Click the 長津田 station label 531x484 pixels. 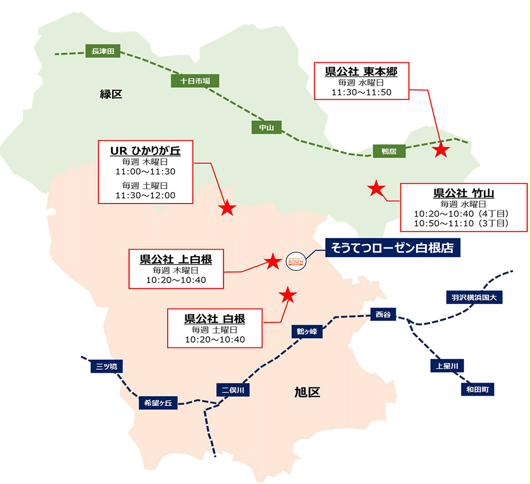pyautogui.click(x=102, y=51)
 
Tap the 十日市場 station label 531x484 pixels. pyautogui.click(x=195, y=81)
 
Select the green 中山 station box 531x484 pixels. pyautogui.click(x=266, y=128)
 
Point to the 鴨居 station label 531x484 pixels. pyautogui.click(x=389, y=151)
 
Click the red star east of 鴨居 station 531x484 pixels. pyautogui.click(x=441, y=150)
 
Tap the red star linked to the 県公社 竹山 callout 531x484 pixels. pyautogui.click(x=376, y=188)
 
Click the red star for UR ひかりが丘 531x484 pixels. pyautogui.click(x=227, y=208)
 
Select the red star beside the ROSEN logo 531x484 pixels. pyautogui.click(x=272, y=261)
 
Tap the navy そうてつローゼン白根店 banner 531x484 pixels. pyautogui.click(x=392, y=248)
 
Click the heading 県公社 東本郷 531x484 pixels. pyautogui.click(x=361, y=72)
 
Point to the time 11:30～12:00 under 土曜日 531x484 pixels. pyautogui.click(x=145, y=195)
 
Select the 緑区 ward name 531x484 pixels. pyautogui.click(x=111, y=94)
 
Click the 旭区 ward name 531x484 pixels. pyautogui.click(x=307, y=392)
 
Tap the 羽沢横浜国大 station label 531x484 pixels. pyautogui.click(x=474, y=298)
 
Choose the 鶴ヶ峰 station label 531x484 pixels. pyautogui.click(x=307, y=332)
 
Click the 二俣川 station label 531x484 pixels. pyautogui.click(x=233, y=390)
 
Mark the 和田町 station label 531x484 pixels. pyautogui.click(x=477, y=389)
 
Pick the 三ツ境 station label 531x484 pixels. pyautogui.click(x=106, y=367)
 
